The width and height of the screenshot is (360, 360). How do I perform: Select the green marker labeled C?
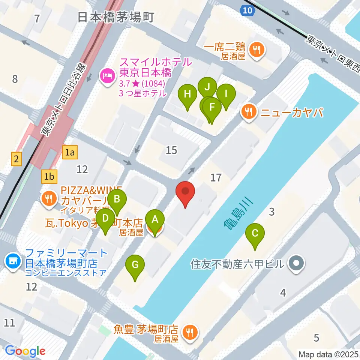255,233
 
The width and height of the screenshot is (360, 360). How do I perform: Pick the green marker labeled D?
105,218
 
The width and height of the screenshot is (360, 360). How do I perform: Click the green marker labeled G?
135,265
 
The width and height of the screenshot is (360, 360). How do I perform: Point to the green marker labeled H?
188,94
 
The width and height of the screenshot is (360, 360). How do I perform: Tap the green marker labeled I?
226,94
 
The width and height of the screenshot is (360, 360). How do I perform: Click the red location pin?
186,191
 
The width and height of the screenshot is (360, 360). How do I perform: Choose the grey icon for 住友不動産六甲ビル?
297,263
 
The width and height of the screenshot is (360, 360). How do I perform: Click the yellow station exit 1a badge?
70,152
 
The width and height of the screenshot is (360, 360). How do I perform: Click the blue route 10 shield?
247,10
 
